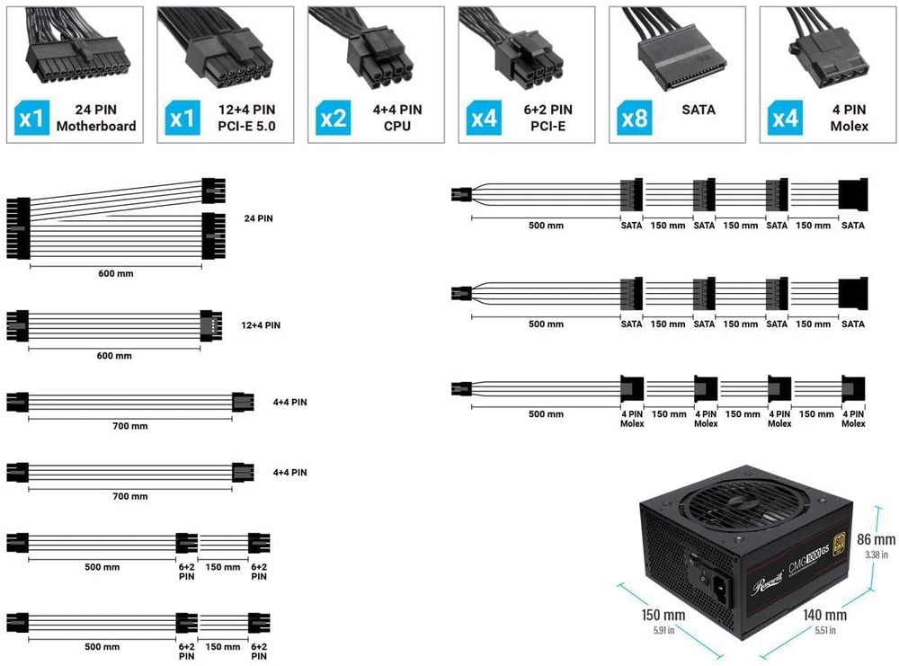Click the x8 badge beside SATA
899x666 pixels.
point(634,118)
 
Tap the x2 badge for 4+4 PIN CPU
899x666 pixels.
point(334,118)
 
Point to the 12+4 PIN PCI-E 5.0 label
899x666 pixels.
point(246,118)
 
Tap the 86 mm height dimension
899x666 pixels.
point(876,539)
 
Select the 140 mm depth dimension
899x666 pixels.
point(824,615)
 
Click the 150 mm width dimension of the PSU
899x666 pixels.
point(663,615)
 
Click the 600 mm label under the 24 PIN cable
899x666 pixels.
point(116,274)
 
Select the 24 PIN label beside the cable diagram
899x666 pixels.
point(259,218)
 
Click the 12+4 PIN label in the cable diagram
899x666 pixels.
point(261,325)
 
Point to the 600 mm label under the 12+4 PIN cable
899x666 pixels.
point(114,356)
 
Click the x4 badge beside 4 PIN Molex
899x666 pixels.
point(785,118)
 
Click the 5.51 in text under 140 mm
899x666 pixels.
point(825,630)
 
